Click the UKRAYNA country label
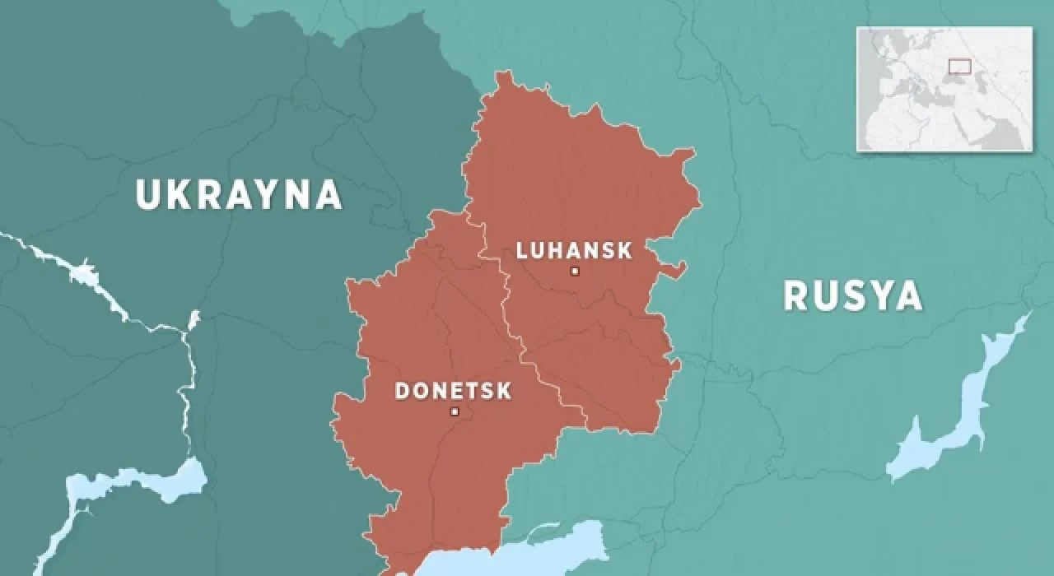pos(238,195)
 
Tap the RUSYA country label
pos(852,296)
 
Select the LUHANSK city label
pos(574,250)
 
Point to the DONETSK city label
pos(453,391)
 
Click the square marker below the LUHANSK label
pos(575,271)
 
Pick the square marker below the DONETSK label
pos(454,411)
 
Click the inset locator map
pos(944,89)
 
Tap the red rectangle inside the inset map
pos(959,66)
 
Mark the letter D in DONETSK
pos(403,391)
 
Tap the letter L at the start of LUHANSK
pos(521,250)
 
